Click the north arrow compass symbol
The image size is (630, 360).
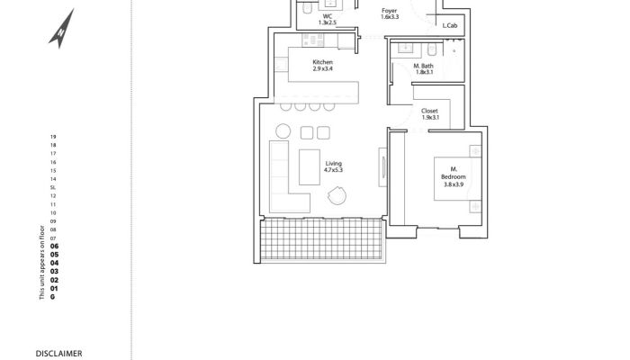click(62, 30)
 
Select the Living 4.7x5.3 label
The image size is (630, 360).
click(334, 166)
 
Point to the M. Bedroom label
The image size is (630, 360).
click(454, 176)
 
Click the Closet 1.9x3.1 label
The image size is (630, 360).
click(429, 113)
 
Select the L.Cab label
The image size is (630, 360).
click(450, 25)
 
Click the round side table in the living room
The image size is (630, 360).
click(283, 131)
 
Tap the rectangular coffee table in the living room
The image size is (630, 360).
click(310, 167)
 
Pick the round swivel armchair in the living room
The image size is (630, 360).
click(337, 195)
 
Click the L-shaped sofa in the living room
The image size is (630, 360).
click(284, 176)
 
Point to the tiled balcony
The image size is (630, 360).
click(321, 239)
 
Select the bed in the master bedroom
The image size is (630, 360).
click(457, 178)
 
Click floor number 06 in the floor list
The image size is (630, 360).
click(54, 247)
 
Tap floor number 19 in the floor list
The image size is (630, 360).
click(53, 137)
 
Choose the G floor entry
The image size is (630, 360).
click(52, 297)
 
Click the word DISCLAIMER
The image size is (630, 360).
click(59, 354)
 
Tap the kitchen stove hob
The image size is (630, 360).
click(313, 40)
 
